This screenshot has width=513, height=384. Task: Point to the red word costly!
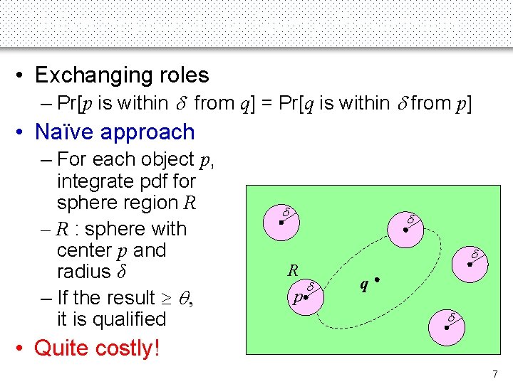(x=125, y=348)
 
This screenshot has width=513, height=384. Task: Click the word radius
(x=83, y=272)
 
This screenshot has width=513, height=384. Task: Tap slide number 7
(x=495, y=374)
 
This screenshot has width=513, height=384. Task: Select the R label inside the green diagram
(x=292, y=270)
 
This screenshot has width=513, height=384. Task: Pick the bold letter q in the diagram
(x=364, y=284)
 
